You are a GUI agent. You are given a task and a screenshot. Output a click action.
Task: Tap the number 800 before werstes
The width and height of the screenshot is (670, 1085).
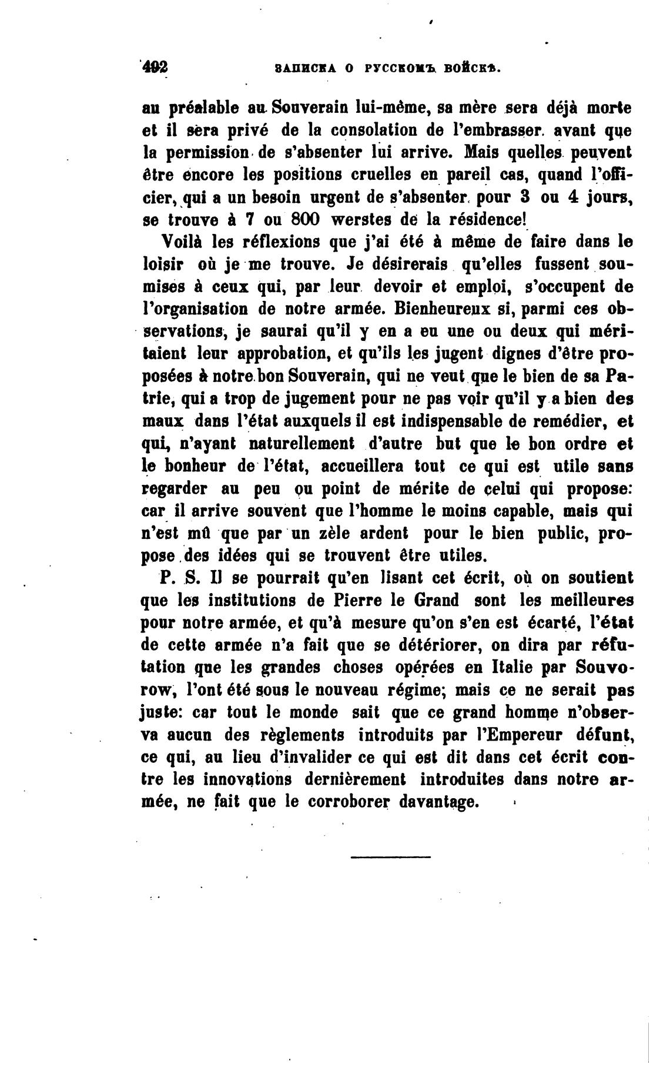click(x=301, y=219)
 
